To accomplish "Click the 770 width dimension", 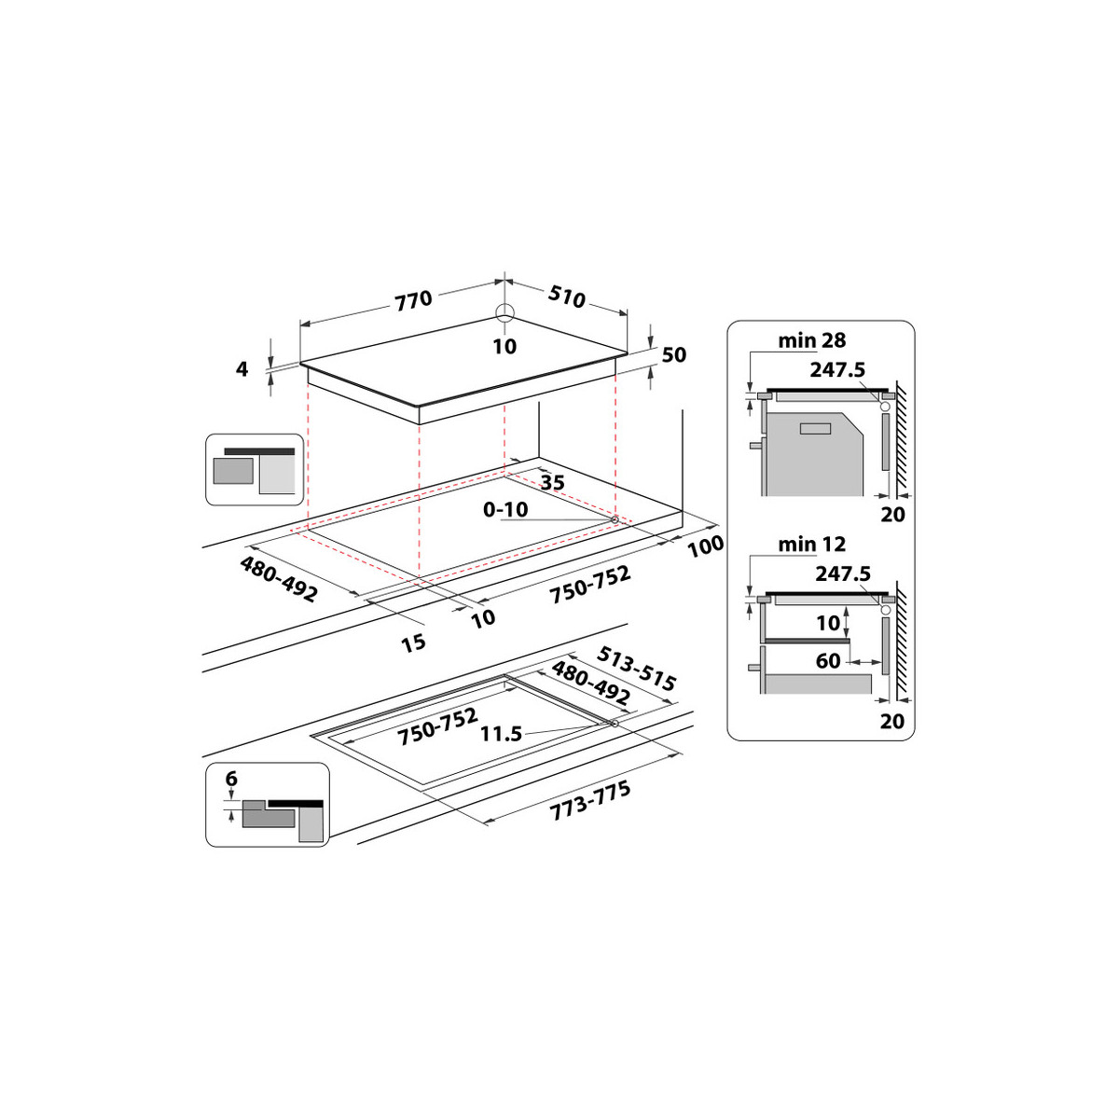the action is (413, 299).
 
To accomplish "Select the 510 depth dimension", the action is (566, 297).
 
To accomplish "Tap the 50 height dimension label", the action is (673, 354).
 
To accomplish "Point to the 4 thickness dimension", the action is (242, 368).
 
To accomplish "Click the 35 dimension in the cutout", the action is (552, 481).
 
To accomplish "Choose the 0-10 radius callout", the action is (505, 509).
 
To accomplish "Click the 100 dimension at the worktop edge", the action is (706, 546).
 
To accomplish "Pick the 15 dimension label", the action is (413, 642).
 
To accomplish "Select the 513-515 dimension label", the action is (637, 669).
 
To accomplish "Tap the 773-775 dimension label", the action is (590, 800).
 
